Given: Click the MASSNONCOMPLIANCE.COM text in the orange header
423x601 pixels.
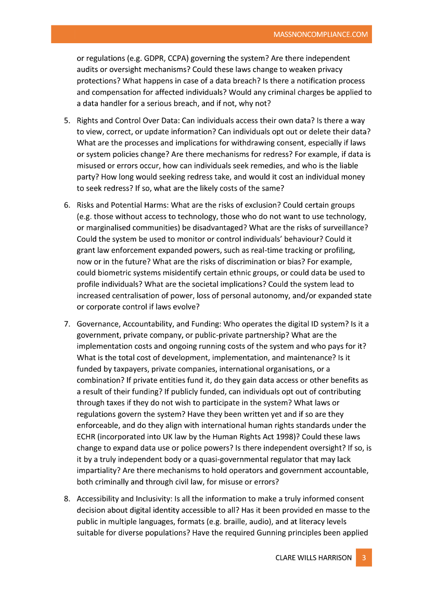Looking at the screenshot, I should click(x=321, y=35).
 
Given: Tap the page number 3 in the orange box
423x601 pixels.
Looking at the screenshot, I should click(x=364, y=558).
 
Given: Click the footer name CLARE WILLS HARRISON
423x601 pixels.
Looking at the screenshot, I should click(x=313, y=558).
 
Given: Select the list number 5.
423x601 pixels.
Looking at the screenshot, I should click(x=67, y=121).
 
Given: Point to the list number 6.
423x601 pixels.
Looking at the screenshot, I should click(x=67, y=205).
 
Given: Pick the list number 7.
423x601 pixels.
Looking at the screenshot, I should click(x=67, y=324).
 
